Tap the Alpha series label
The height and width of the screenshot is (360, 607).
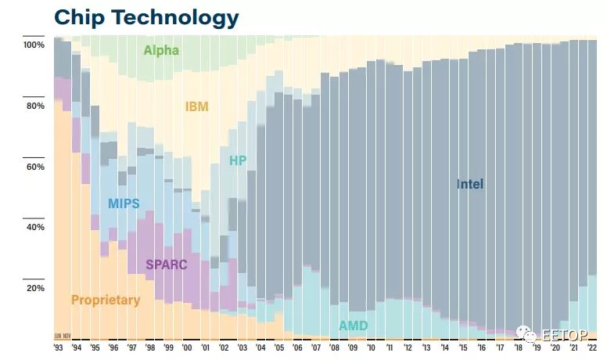point(161,51)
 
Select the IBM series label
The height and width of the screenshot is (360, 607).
point(196,106)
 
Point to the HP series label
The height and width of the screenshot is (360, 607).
point(239,161)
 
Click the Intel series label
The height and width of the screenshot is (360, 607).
point(470,185)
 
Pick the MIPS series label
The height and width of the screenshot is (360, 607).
point(124,204)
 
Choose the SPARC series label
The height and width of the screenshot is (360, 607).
point(167,265)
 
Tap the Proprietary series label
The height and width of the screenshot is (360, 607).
point(106,300)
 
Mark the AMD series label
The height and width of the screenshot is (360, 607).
point(354,326)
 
